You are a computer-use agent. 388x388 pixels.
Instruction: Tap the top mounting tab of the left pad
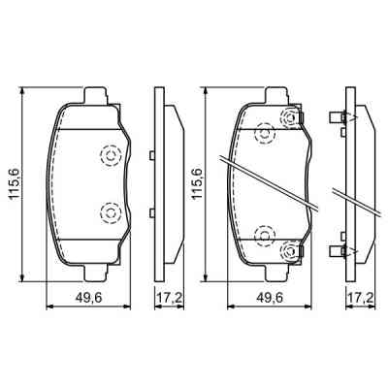pyautogui.click(x=95, y=96)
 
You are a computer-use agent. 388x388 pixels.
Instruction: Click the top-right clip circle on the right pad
pyautogui.click(x=289, y=118)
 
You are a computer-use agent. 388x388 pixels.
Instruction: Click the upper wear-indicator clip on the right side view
pyautogui.click(x=339, y=118)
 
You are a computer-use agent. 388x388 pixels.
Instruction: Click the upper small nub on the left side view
pyautogui.click(x=153, y=156)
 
